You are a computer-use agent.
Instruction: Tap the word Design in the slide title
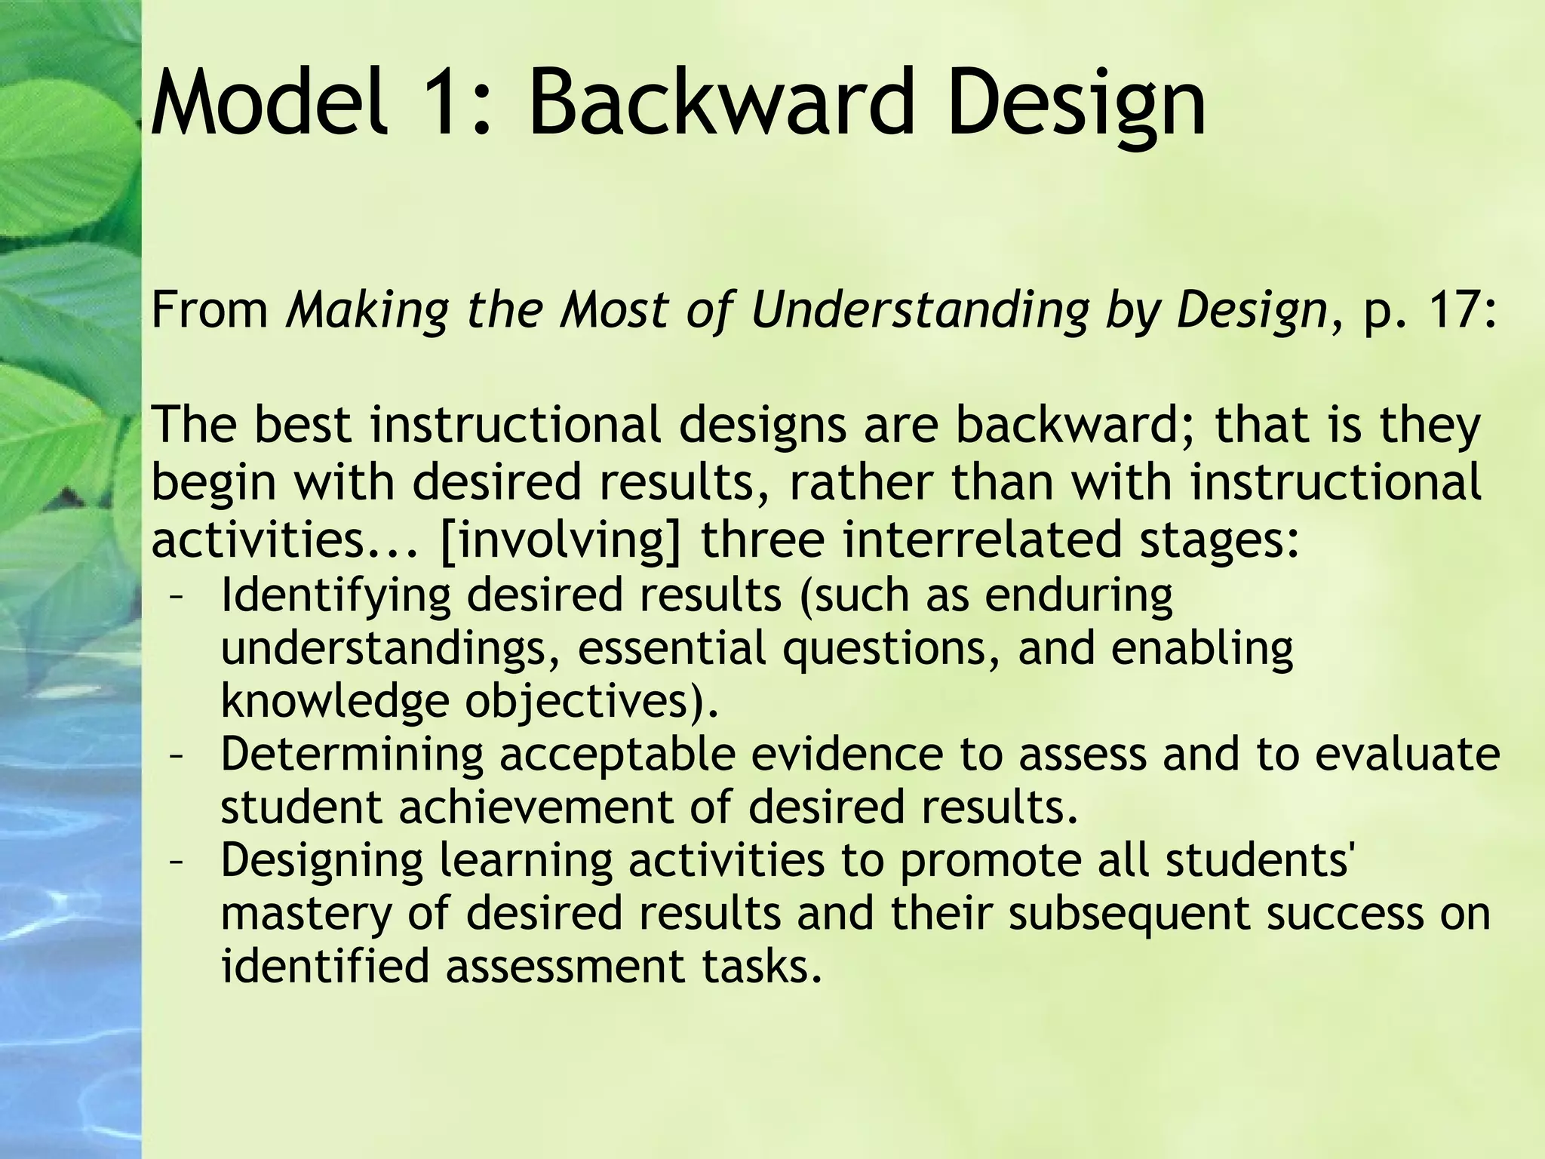point(1076,102)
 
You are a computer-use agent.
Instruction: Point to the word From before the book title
point(209,310)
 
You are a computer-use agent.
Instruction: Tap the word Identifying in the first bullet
point(335,595)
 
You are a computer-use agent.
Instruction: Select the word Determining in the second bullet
point(352,754)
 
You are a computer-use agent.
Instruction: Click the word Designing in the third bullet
point(323,861)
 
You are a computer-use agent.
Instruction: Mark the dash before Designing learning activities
point(176,862)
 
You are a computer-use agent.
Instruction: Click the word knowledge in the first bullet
point(334,701)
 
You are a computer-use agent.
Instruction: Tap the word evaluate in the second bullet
point(1408,754)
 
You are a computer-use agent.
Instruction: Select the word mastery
point(306,915)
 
